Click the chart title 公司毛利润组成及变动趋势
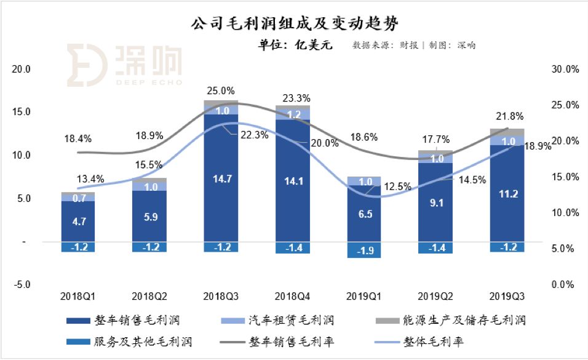pos(294,24)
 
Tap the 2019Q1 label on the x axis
pos(364,296)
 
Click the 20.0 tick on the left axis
pos(22,70)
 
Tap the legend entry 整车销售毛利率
pos(285,342)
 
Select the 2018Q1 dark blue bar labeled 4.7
pos(78,221)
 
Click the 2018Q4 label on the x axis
pos(292,296)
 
